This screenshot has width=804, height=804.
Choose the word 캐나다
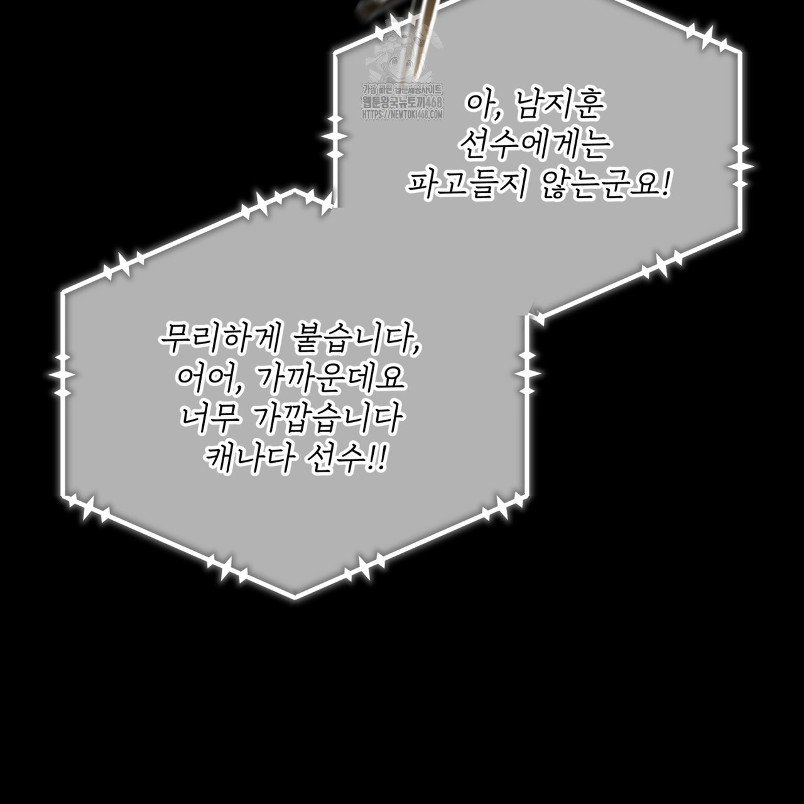(247, 459)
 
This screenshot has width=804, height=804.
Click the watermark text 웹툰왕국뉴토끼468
(402, 103)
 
